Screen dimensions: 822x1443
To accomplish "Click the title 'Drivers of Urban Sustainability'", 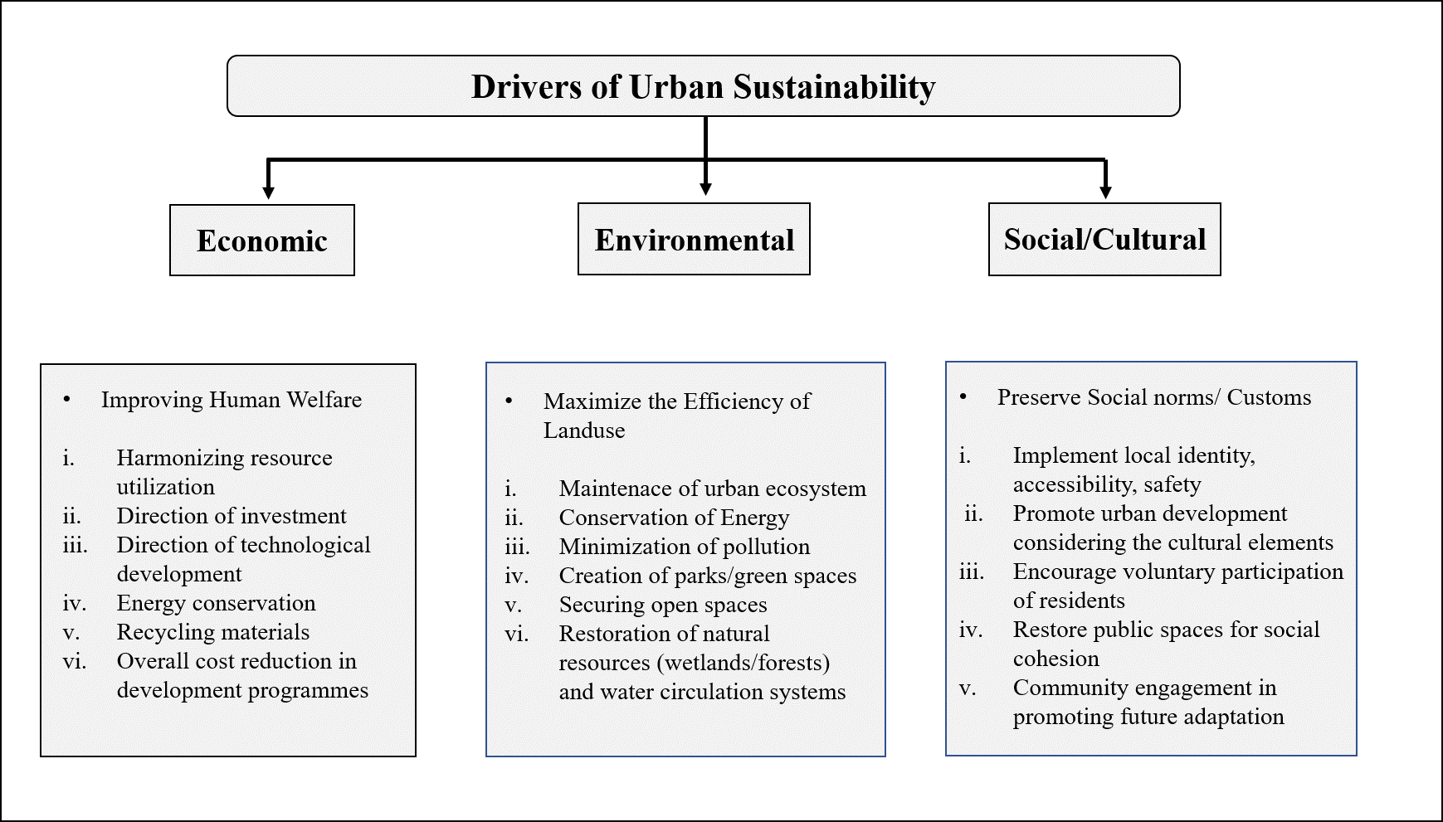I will [x=703, y=87].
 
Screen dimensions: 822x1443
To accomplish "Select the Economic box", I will [x=262, y=241].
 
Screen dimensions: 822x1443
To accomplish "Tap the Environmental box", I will [x=694, y=240].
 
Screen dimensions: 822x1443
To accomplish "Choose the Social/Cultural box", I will [x=1104, y=240].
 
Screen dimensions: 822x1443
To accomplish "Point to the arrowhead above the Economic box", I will [x=268, y=192].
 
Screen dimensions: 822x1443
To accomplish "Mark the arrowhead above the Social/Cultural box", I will [x=1105, y=192].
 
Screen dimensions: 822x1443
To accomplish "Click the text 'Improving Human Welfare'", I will [x=232, y=400].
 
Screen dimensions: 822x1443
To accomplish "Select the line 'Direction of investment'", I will [x=232, y=516].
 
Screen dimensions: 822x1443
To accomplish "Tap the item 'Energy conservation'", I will [x=216, y=603].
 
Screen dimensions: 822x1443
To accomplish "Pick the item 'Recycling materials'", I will [x=212, y=632].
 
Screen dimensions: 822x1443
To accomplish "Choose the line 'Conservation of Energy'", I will [x=674, y=518].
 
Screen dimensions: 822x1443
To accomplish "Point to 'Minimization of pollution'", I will [x=685, y=547].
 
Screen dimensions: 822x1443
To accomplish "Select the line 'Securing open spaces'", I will [x=663, y=605].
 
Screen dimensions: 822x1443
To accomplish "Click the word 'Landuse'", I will [x=584, y=430].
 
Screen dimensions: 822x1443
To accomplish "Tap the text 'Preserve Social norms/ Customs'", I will [x=1154, y=397].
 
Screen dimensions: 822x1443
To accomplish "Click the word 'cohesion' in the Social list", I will [x=1055, y=659].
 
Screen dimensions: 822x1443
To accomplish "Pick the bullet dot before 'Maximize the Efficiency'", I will [x=509, y=401].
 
